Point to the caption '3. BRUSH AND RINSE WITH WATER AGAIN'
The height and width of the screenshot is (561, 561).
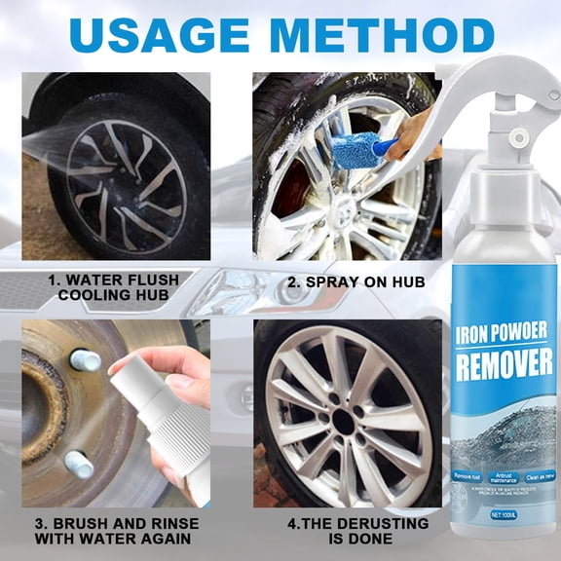[x=117, y=531]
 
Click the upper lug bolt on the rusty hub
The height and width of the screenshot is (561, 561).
[x=86, y=360]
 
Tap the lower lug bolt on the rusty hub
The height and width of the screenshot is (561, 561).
[x=79, y=464]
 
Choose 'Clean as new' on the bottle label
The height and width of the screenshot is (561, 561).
[x=537, y=474]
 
